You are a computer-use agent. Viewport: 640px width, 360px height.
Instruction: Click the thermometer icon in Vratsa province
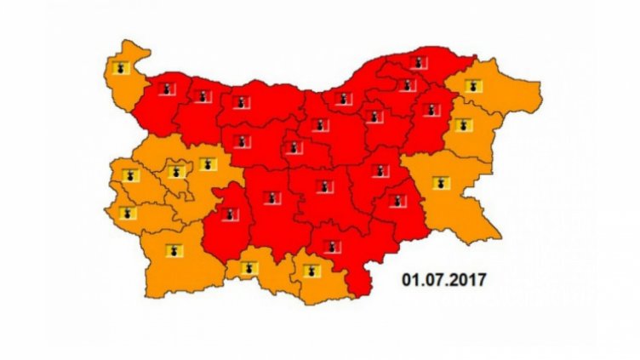click(x=203, y=95)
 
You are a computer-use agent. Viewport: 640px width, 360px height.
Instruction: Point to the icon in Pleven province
click(x=243, y=103)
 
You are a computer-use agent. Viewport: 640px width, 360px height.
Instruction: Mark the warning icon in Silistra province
click(x=417, y=60)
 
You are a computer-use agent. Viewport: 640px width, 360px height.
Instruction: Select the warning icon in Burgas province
click(x=439, y=182)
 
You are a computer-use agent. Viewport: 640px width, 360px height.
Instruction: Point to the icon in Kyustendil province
click(x=128, y=213)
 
